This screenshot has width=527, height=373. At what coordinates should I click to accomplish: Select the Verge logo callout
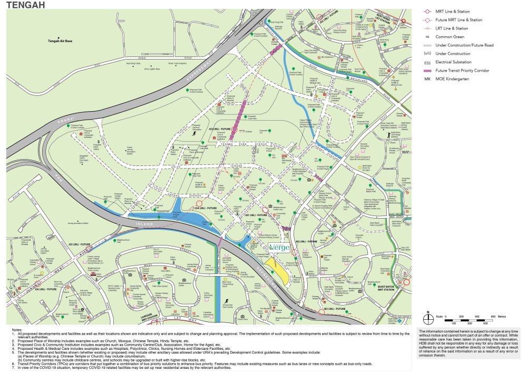pos(279,247)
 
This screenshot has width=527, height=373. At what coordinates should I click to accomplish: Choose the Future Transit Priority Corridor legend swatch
pos(428,71)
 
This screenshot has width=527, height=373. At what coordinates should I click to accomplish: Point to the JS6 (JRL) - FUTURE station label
pos(45,289)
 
